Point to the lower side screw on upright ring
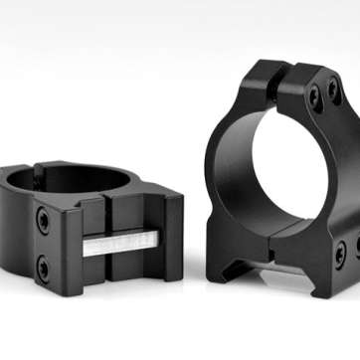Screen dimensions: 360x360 (x=339, y=252)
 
